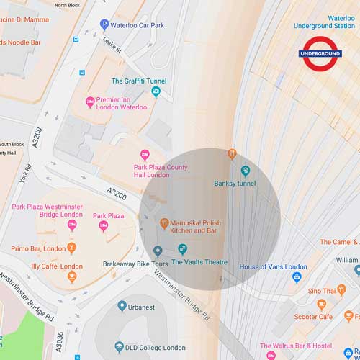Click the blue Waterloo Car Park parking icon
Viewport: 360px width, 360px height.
(105, 24)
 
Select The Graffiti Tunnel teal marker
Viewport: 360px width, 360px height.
(155, 91)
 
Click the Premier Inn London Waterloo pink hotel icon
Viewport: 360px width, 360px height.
(90, 102)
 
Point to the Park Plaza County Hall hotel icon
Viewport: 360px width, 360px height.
(145, 155)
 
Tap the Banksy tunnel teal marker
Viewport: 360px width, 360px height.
(245, 171)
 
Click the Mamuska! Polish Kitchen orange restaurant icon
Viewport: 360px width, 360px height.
(164, 223)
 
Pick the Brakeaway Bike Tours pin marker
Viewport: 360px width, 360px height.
(158, 251)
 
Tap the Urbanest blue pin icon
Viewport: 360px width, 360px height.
(122, 306)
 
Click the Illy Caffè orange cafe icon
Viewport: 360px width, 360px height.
(72, 277)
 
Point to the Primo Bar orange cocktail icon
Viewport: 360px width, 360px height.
(71, 249)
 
